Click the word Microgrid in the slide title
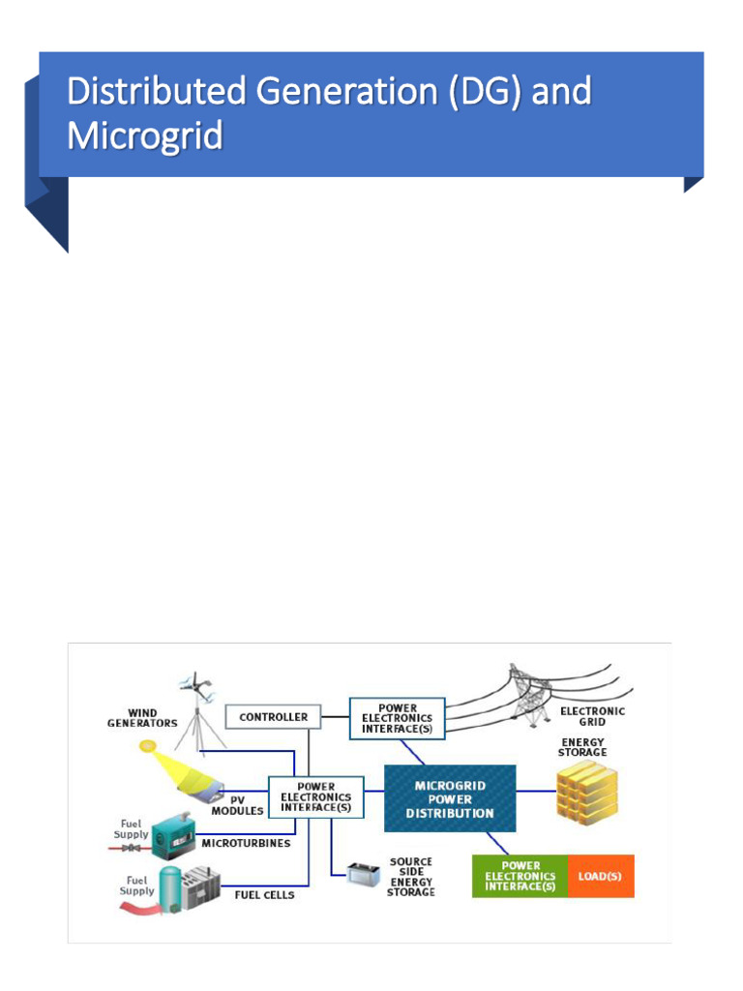[145, 135]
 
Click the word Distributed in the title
[157, 90]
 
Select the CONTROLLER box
[273, 717]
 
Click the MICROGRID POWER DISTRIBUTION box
[450, 798]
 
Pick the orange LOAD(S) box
[600, 876]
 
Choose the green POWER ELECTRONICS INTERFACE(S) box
[520, 876]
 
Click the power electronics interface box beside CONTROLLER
[397, 719]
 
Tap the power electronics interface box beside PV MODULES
[316, 797]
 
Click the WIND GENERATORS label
[142, 718]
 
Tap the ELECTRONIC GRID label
[592, 716]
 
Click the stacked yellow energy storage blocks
[586, 793]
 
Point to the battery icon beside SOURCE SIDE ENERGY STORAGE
[364, 875]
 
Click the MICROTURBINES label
[246, 843]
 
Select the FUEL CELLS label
[264, 895]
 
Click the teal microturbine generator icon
[173, 836]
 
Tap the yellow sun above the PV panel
[147, 747]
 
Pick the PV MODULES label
[237, 805]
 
